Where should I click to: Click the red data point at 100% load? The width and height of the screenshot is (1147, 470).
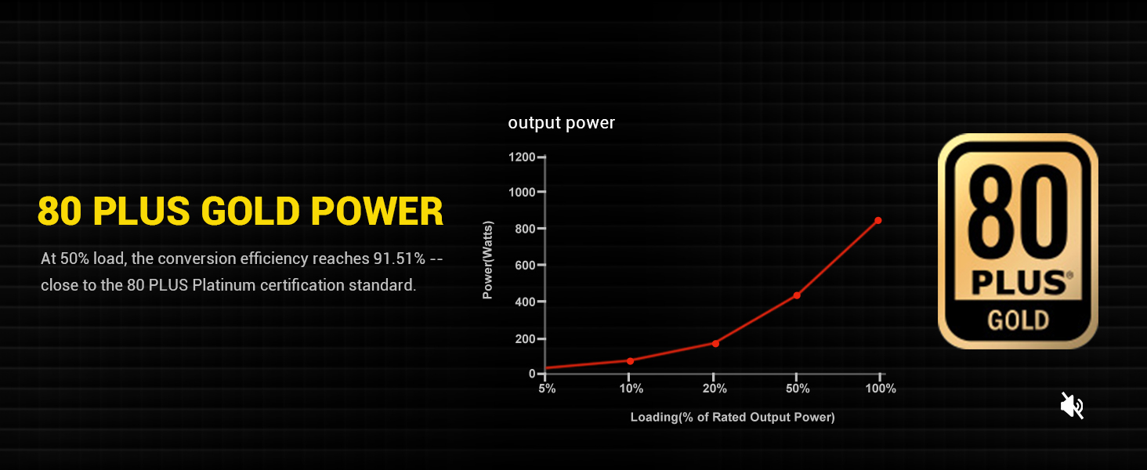(878, 221)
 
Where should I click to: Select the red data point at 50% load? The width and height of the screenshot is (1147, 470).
(797, 295)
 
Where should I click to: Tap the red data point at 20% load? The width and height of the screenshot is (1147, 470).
(715, 344)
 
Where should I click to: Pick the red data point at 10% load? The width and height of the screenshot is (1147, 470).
(631, 361)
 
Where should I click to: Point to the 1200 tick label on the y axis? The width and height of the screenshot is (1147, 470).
(522, 157)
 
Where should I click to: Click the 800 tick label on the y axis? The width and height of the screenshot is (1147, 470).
(525, 229)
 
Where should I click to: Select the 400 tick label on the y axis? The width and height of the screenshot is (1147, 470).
(525, 302)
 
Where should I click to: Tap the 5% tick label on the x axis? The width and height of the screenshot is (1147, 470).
(547, 389)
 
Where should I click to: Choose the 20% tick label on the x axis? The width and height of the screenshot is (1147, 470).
(715, 389)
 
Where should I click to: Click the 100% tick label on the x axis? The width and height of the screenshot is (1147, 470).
(881, 389)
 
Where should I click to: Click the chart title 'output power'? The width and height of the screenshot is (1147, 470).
(561, 123)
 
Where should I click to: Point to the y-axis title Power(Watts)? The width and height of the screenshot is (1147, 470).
(487, 260)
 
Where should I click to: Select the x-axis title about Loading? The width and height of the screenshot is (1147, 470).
(733, 418)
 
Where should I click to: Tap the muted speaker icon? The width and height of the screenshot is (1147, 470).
(1072, 406)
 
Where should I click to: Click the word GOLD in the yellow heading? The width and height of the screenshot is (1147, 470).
(250, 211)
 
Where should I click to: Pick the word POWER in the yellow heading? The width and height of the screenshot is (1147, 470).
(377, 211)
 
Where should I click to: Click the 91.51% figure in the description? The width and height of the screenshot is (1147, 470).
(399, 258)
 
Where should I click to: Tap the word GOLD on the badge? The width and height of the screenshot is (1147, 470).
(1018, 320)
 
